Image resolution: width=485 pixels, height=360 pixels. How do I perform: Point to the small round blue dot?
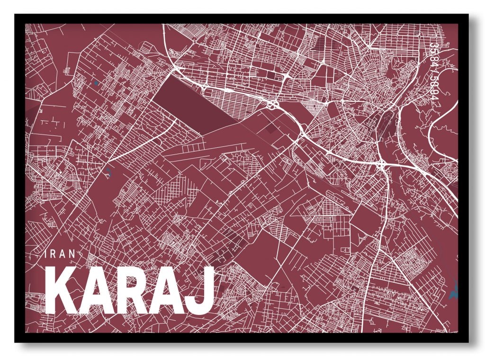[x=97, y=83]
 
